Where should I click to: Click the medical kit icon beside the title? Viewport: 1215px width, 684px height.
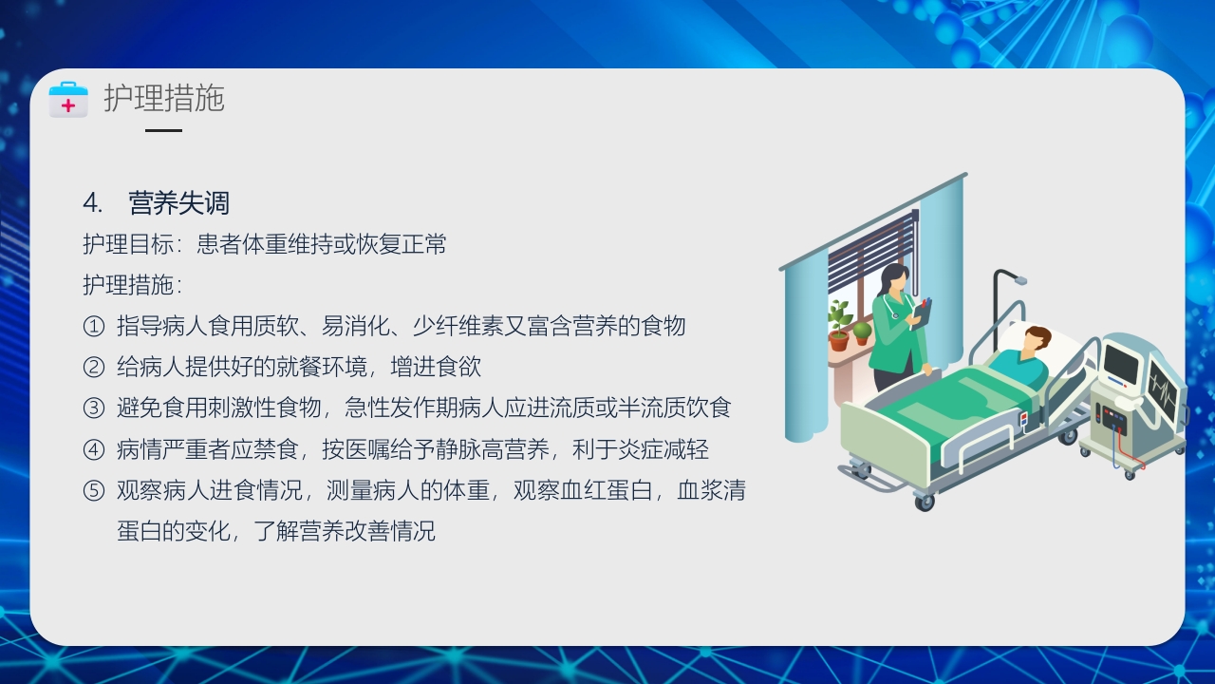pos(68,99)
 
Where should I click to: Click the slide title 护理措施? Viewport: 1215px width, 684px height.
pos(164,98)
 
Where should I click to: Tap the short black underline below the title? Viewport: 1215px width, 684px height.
pos(163,130)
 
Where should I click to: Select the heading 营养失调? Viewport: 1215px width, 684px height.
pos(179,203)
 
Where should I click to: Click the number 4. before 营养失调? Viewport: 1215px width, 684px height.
pos(92,203)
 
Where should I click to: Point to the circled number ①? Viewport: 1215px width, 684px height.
pos(93,327)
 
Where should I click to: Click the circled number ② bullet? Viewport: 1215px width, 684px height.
pos(93,368)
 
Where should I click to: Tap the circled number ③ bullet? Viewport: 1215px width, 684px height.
pos(93,408)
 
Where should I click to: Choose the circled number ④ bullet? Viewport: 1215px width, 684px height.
pos(93,450)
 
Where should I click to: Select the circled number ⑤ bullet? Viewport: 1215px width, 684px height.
pos(93,491)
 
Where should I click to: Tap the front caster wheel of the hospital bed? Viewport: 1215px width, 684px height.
pos(924,502)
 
